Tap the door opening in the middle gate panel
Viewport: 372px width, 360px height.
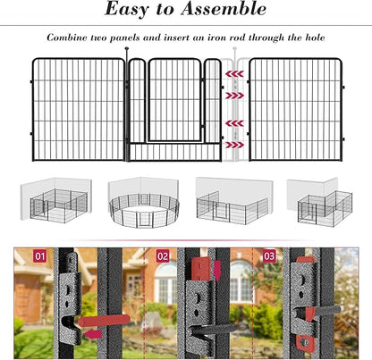tap(173, 100)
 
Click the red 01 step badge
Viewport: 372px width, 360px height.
tap(40, 255)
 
